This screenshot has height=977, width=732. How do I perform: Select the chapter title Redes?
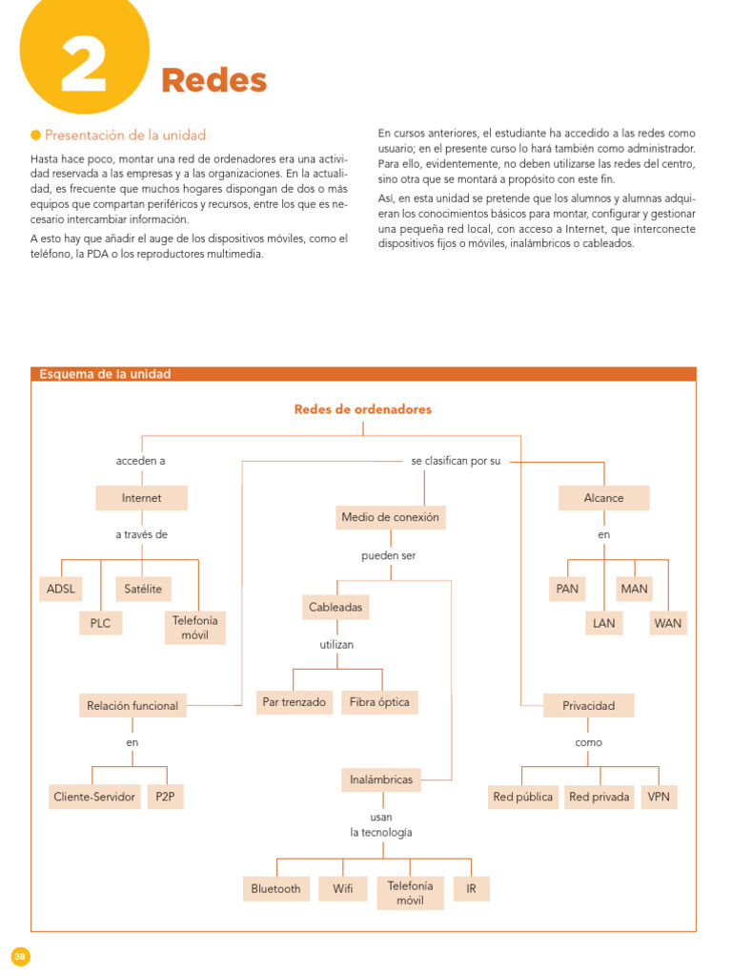[213, 81]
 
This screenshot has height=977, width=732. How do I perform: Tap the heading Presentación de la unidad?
[125, 135]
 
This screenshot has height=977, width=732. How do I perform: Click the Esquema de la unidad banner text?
[105, 374]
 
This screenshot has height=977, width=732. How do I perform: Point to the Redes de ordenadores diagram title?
[362, 409]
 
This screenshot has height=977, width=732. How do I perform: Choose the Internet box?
[141, 498]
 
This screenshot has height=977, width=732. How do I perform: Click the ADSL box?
[60, 589]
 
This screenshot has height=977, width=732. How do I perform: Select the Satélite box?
[143, 589]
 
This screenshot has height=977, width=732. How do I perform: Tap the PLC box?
[100, 623]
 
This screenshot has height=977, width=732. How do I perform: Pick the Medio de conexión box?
[390, 517]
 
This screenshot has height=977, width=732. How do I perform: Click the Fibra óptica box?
[379, 702]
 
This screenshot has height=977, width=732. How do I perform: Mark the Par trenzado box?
[294, 702]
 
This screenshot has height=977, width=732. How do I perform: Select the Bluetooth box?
[275, 888]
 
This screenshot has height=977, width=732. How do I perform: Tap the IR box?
[471, 888]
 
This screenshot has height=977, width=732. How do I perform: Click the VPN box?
[659, 797]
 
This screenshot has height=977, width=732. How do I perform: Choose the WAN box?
[667, 623]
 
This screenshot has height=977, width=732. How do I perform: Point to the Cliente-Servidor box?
[94, 797]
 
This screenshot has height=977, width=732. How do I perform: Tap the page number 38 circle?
[21, 956]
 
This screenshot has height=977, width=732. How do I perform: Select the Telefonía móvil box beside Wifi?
[410, 892]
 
